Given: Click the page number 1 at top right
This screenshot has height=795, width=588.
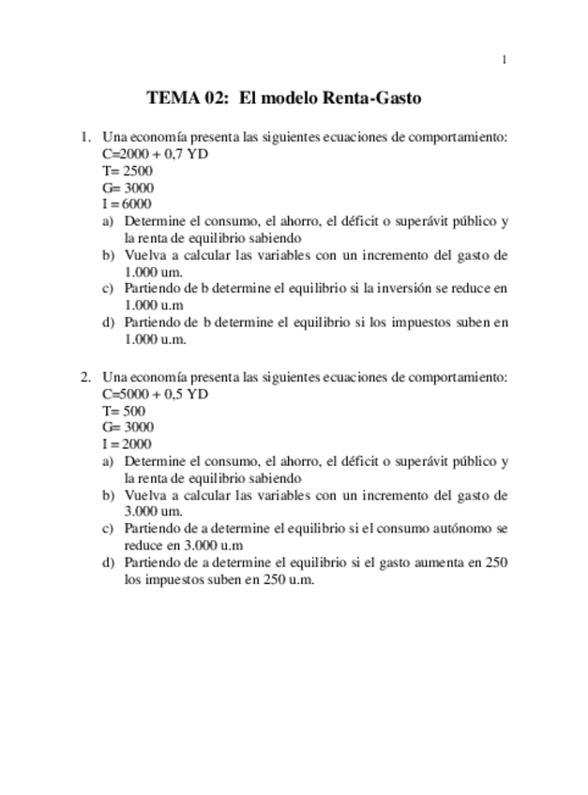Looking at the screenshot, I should click(x=505, y=61).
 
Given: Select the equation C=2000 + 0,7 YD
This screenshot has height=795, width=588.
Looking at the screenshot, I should click(x=155, y=154).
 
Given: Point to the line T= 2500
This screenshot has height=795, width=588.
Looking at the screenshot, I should click(x=122, y=171).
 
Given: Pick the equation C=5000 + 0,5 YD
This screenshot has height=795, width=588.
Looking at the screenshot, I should click(x=155, y=394).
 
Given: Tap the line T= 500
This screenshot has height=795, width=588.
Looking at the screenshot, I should click(x=119, y=411).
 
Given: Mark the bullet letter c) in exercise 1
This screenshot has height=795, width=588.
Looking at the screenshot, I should click(x=108, y=289).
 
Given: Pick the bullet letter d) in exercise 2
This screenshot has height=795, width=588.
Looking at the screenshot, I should click(x=108, y=562).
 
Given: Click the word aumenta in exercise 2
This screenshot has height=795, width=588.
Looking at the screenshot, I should click(x=437, y=562).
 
